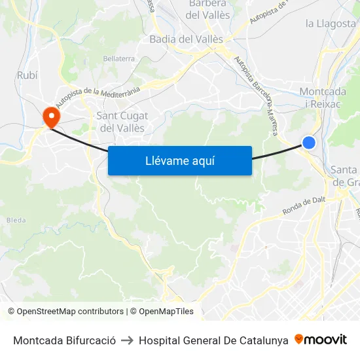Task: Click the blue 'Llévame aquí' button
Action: tap(180, 160)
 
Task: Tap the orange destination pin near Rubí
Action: tap(50, 117)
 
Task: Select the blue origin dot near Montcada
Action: tap(309, 143)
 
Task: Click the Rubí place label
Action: tap(27, 75)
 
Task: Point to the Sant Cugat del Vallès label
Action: tap(122, 122)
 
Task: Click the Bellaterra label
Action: tap(118, 59)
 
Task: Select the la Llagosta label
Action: tap(331, 24)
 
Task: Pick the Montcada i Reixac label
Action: tap(323, 98)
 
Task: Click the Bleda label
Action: tap(16, 221)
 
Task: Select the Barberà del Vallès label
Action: tap(207, 9)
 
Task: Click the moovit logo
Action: tap(321, 340)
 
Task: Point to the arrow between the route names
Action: tap(127, 340)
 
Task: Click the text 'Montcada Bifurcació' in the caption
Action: tap(64, 340)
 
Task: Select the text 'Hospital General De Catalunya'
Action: tap(213, 340)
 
